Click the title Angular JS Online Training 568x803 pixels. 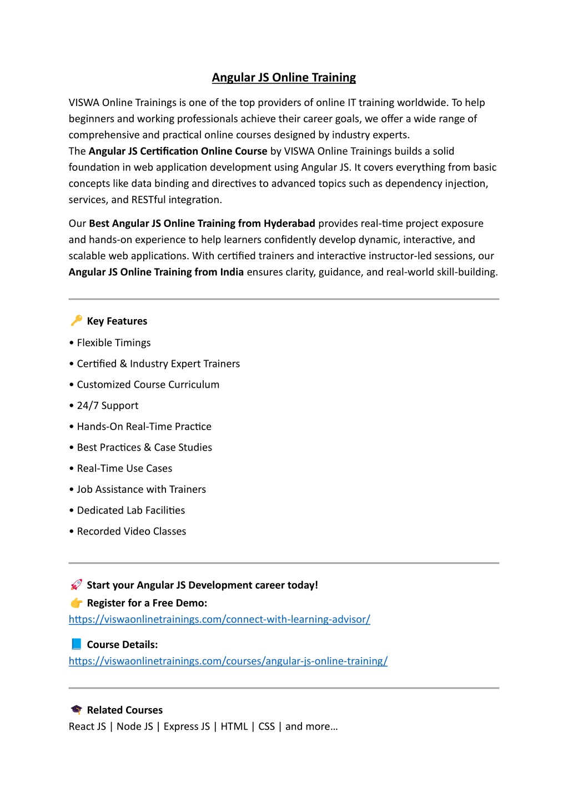284,78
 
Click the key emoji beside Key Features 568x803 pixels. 76,321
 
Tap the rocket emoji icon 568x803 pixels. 76,585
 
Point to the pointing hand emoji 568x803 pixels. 76,603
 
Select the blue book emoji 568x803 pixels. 76,644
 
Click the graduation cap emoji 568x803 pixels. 76,710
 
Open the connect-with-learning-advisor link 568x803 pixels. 219,619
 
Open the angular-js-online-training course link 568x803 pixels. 228,661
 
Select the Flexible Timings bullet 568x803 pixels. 113,343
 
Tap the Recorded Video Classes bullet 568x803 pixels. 131,532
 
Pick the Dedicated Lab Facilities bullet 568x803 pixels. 130,511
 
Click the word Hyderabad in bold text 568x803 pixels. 289,224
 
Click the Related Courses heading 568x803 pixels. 124,710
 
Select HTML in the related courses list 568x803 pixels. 234,726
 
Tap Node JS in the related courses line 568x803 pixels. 134,726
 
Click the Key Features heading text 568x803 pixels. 117,321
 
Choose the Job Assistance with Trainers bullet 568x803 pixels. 141,489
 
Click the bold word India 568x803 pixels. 231,272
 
